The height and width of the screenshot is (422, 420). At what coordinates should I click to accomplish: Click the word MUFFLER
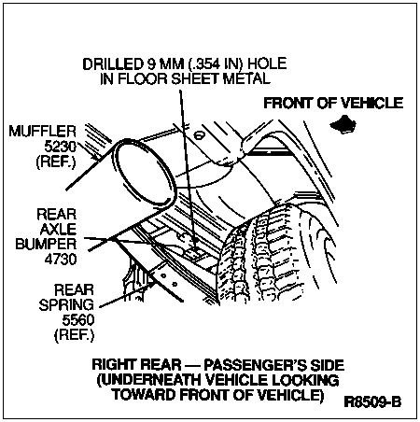click(42, 131)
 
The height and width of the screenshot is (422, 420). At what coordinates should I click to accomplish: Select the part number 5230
click(60, 147)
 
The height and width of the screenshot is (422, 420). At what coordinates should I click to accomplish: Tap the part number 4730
click(61, 259)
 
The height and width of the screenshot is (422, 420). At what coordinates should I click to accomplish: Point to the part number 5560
click(78, 320)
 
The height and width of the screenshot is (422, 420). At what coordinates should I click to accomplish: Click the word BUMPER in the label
click(46, 244)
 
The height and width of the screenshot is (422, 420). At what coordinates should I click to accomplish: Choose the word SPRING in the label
click(66, 304)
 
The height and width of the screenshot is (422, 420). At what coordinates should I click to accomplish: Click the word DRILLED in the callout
click(112, 63)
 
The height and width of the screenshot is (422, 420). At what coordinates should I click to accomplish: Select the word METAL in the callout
click(247, 78)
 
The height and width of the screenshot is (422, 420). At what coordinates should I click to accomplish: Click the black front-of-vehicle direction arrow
click(343, 124)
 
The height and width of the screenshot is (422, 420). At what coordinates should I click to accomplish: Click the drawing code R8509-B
click(372, 401)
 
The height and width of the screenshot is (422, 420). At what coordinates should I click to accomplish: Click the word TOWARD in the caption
click(145, 395)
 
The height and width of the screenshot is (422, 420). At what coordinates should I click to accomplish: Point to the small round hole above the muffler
click(199, 135)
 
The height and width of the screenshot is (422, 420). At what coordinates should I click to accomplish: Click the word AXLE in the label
click(58, 229)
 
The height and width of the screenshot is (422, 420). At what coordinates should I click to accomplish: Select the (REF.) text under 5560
click(74, 335)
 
